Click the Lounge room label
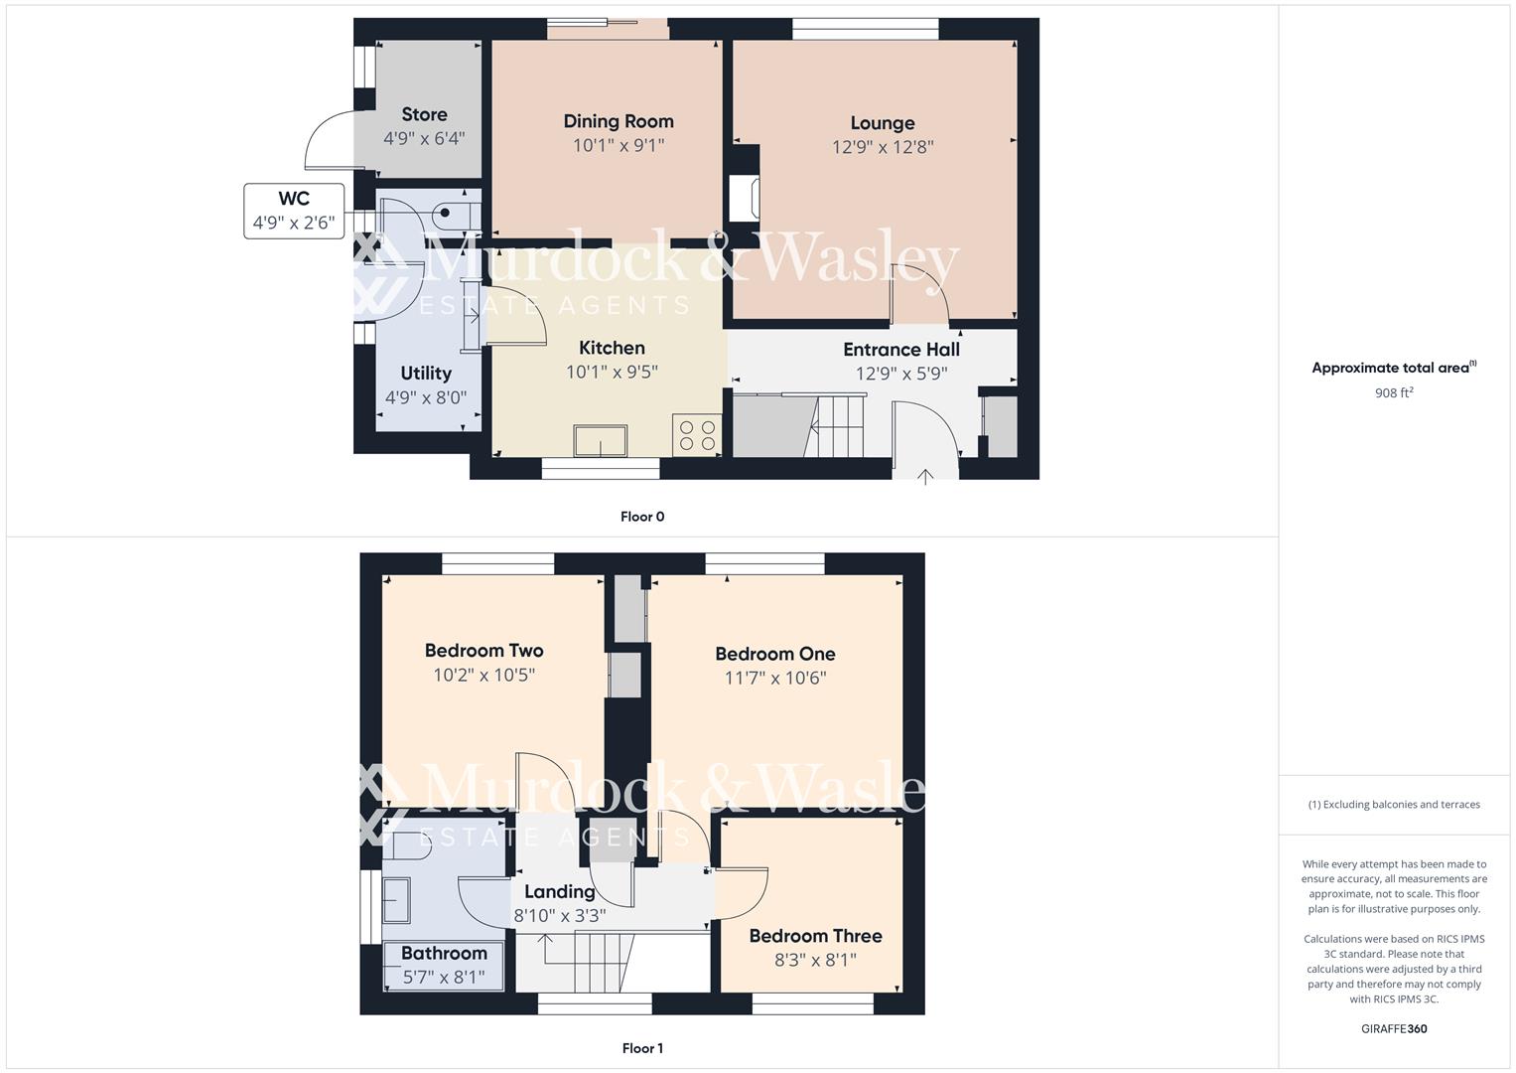coord(882,123)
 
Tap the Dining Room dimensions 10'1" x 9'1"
coord(618,145)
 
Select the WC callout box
coord(294,211)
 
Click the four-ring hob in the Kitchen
coord(697,435)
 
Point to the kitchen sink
coord(601,440)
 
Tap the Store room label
coord(424,114)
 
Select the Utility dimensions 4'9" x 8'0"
coord(426,397)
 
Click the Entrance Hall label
coord(900,350)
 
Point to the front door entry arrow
coord(925,477)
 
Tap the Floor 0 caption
coord(642,517)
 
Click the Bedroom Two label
coord(483,651)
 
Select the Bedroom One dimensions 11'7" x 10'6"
coord(775,678)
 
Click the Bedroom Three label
coord(815,936)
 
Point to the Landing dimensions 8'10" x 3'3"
coord(559,916)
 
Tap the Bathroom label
coord(444,953)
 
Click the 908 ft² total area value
coord(1394,392)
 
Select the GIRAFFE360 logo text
coord(1394,1028)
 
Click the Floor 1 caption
coord(642,1048)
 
